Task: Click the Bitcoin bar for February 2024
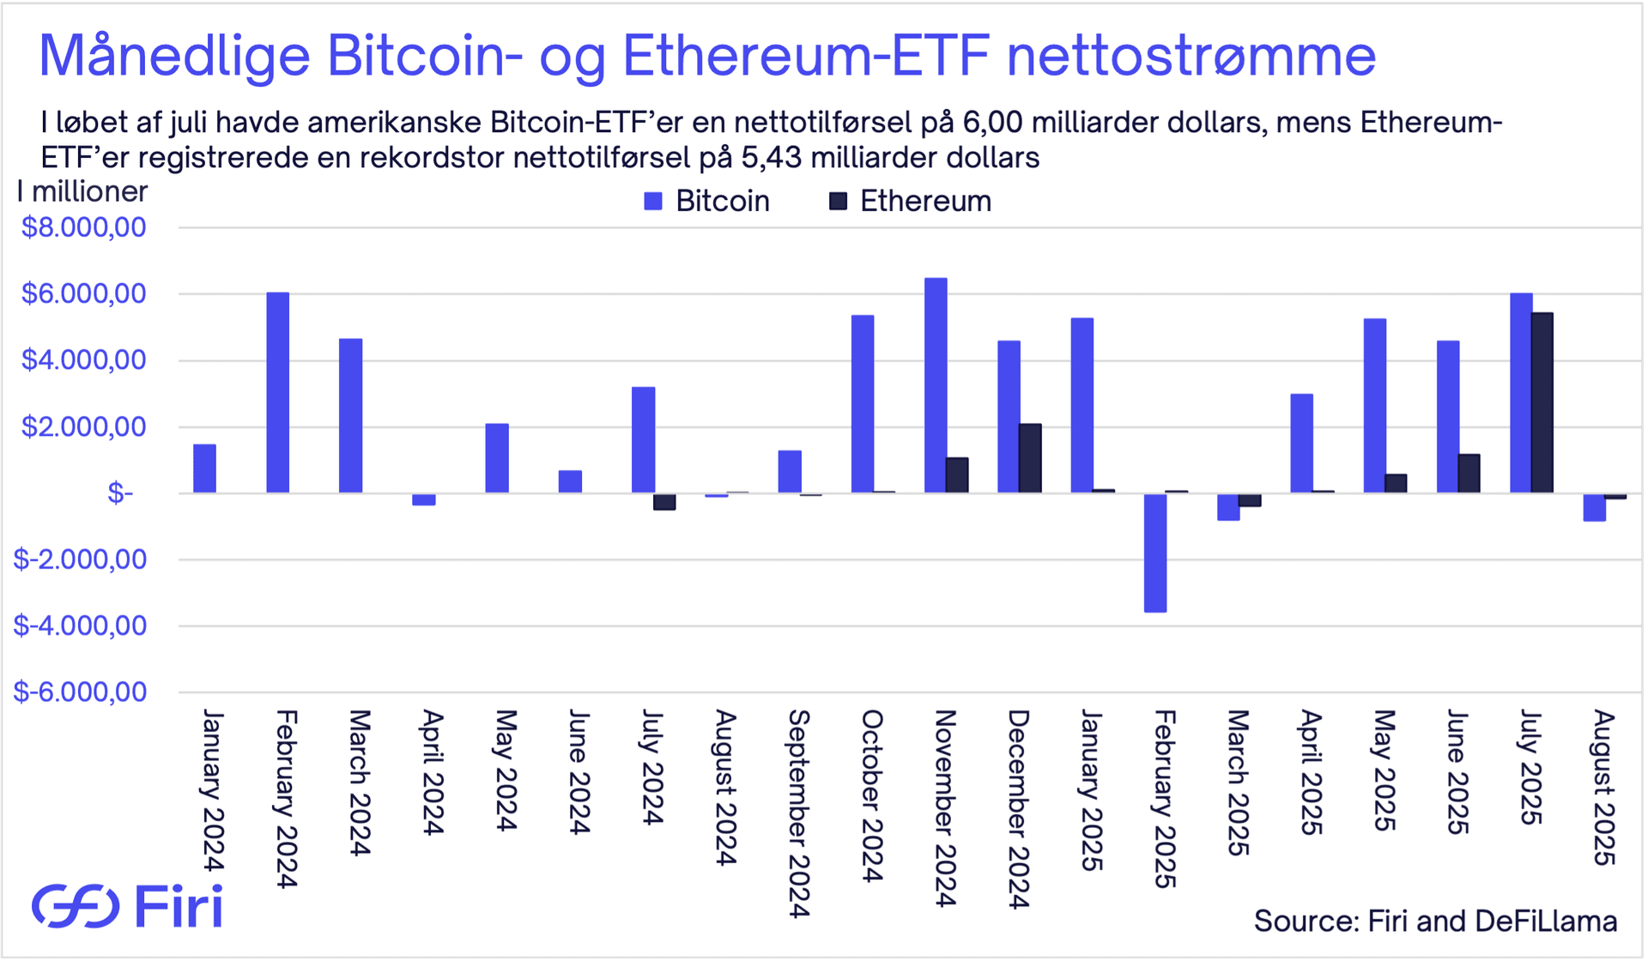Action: click(277, 393)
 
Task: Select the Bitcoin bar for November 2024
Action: click(936, 385)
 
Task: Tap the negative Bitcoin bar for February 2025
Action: click(1155, 553)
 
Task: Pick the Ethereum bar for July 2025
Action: click(1542, 403)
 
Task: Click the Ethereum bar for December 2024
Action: click(1030, 458)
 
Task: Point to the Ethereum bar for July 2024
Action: click(664, 502)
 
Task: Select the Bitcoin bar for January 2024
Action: click(204, 468)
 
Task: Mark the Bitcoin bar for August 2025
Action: click(1594, 507)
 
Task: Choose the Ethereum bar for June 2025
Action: click(1469, 474)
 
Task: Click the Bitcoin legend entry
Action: click(707, 202)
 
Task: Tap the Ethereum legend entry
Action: click(910, 202)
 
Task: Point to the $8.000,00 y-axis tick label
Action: click(83, 227)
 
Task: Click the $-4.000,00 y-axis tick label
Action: click(80, 626)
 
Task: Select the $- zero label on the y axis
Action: click(120, 493)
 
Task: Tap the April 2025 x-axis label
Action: click(1310, 772)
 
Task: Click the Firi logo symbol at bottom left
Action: click(76, 906)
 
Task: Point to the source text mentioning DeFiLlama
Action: click(1435, 921)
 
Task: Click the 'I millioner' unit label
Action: click(82, 191)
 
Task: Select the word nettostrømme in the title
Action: click(1191, 56)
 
